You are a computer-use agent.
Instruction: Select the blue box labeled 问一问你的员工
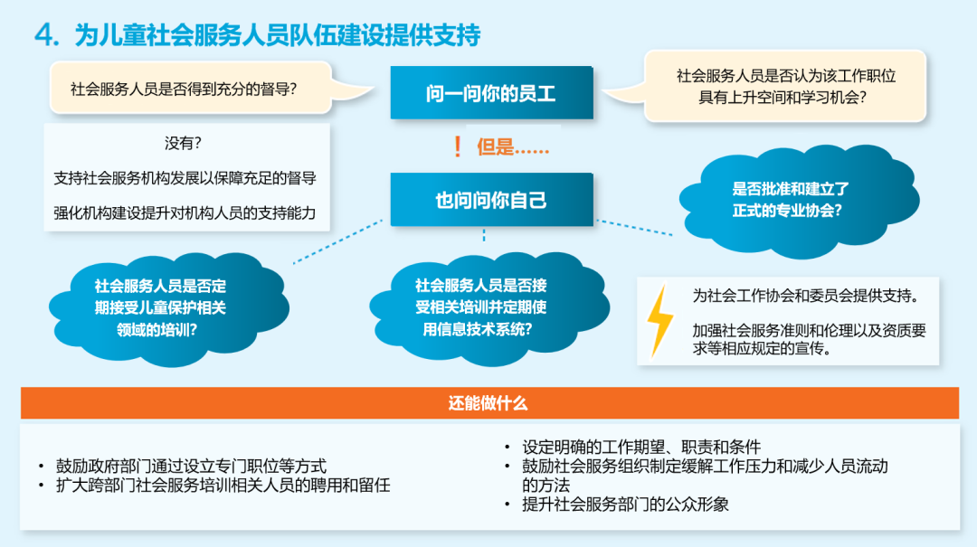pyautogui.click(x=491, y=92)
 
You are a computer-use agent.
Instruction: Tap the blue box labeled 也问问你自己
pyautogui.click(x=491, y=200)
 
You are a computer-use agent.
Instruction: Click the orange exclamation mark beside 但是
pyautogui.click(x=458, y=147)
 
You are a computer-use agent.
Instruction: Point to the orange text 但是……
pyautogui.click(x=513, y=147)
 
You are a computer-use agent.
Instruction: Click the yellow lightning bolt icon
pyautogui.click(x=659, y=321)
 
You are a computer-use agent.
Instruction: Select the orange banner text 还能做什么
pyautogui.click(x=488, y=403)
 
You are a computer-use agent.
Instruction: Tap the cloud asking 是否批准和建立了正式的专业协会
pyautogui.click(x=800, y=201)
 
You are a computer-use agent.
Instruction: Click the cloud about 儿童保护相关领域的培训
pyautogui.click(x=168, y=308)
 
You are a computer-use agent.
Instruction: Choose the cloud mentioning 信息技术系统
pyautogui.click(x=489, y=307)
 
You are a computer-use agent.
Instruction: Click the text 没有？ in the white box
pyautogui.click(x=183, y=143)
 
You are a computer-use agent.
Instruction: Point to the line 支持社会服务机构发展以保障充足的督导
pyautogui.click(x=185, y=178)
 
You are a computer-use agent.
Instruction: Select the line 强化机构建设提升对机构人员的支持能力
pyautogui.click(x=185, y=213)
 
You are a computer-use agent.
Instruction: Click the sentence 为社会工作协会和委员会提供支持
pyautogui.click(x=806, y=296)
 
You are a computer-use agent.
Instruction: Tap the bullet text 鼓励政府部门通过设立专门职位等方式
pyautogui.click(x=191, y=466)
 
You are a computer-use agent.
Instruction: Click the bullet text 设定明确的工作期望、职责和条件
pyautogui.click(x=641, y=447)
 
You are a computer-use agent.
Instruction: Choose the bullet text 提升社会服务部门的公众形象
pyautogui.click(x=626, y=504)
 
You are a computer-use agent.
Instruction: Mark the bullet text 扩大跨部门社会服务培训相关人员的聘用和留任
pyautogui.click(x=223, y=485)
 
